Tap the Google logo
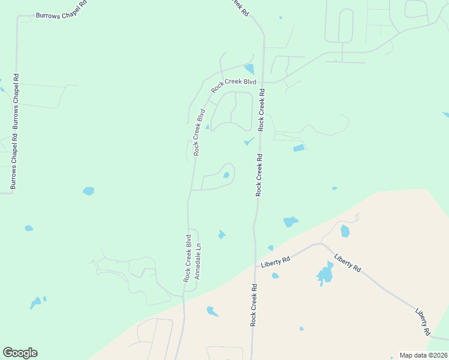click(20, 353)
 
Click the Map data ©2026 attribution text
click(423, 355)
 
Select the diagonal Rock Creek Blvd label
click(234, 86)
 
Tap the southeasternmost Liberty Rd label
click(423, 322)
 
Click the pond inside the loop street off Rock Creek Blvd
click(226, 175)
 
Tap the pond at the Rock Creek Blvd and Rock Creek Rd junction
click(249, 70)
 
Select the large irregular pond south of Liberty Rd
click(325, 274)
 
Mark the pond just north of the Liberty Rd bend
click(345, 231)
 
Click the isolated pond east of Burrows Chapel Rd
click(88, 191)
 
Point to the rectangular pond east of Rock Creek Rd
click(298, 148)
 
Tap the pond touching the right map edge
click(445, 115)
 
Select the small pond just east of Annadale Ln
click(221, 235)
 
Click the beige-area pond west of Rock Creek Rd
click(212, 311)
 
